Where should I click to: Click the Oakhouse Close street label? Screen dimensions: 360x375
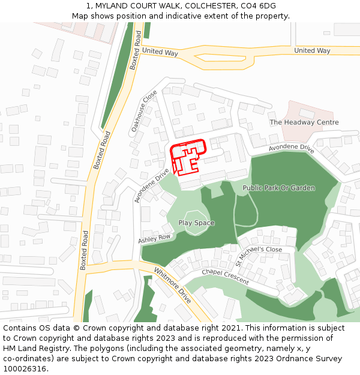coord(144,111)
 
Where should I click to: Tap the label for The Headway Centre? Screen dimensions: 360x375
coord(304,122)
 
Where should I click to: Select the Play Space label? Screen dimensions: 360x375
coord(196,223)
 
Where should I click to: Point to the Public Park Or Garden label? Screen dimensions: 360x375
coord(278,188)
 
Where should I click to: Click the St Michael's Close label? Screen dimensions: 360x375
coord(259,256)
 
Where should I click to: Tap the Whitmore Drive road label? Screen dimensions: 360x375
coord(172,285)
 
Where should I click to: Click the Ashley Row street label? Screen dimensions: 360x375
coord(155,239)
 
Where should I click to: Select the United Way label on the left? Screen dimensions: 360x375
coord(160,52)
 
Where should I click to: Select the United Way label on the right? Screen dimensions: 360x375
coord(312,51)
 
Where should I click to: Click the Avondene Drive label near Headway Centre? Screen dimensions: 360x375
coord(291,148)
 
